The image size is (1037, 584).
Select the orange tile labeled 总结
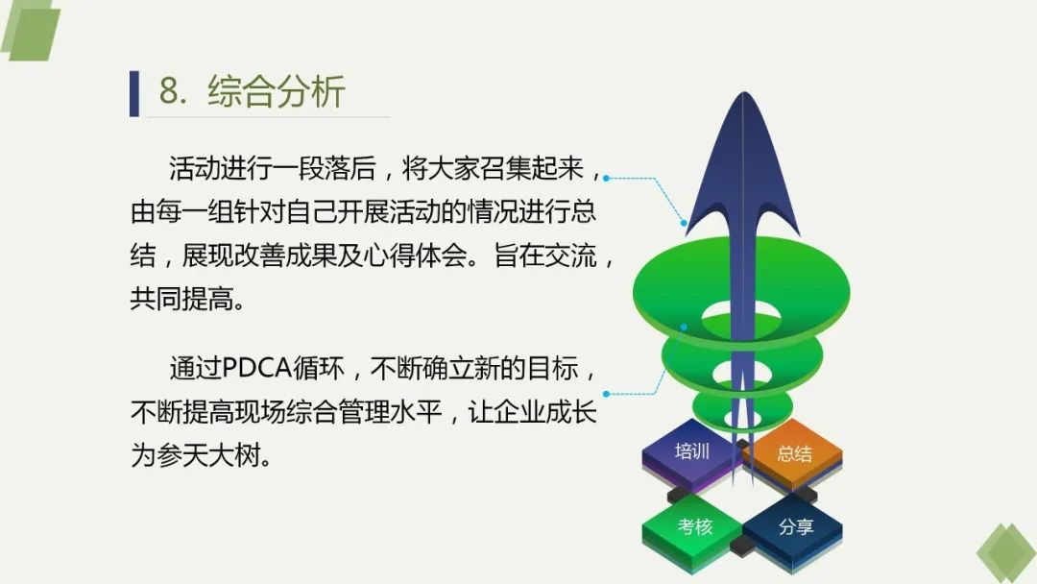[x=794, y=455]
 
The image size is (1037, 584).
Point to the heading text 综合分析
[x=277, y=91]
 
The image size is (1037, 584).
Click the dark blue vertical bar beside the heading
[x=134, y=93]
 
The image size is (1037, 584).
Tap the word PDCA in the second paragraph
[x=256, y=369]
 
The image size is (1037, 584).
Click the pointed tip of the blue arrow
[x=744, y=92]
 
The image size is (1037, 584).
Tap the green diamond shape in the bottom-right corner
[x=1006, y=553]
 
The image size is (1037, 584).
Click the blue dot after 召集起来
[x=607, y=178]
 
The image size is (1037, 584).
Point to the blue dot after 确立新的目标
[x=607, y=394]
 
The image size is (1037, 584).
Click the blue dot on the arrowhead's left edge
[x=684, y=223]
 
